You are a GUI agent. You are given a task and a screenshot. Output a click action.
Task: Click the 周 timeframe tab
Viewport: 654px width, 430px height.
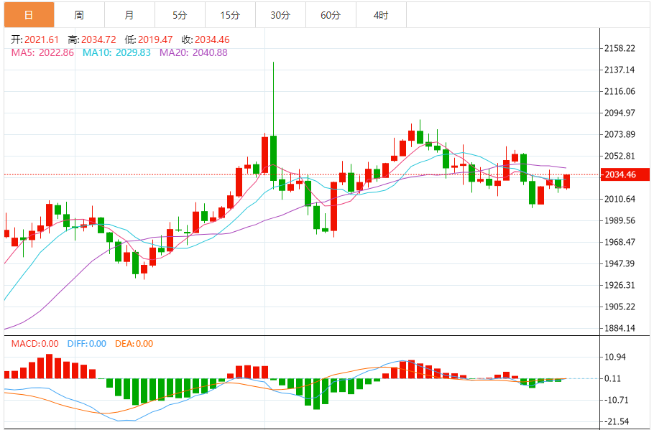coord(78,14)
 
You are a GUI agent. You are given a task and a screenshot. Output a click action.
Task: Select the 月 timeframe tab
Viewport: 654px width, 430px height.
coord(129,14)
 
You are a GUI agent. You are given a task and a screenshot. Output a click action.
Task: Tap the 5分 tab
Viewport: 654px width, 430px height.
coord(180,14)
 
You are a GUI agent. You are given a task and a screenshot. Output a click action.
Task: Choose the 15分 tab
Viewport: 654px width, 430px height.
coord(230,14)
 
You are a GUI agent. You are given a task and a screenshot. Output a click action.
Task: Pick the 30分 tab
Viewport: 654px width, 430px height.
coord(280,14)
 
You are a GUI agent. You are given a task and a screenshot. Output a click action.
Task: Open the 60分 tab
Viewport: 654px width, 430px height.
coord(331,14)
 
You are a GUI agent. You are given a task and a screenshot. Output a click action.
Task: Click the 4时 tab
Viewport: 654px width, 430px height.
coord(382,14)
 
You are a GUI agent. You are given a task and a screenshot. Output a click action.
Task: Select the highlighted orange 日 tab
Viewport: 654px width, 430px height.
coord(28,14)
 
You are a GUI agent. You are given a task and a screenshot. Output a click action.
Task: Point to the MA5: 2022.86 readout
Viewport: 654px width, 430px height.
coord(42,52)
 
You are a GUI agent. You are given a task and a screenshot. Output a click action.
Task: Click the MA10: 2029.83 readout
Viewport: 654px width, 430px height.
coord(116,52)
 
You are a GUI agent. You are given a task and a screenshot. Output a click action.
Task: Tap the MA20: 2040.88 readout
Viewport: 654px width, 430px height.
coord(193,52)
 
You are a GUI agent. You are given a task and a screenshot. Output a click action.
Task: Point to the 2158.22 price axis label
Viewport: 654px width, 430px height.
coord(620,49)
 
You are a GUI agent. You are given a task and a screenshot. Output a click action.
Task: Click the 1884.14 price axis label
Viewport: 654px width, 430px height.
coord(620,329)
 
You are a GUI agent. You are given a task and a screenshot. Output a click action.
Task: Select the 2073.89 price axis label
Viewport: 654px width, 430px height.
coord(620,135)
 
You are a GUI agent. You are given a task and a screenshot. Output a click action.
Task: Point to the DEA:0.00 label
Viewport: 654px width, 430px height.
coord(134,344)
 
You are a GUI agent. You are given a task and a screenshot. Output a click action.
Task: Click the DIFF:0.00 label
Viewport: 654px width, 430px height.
coord(86,344)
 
